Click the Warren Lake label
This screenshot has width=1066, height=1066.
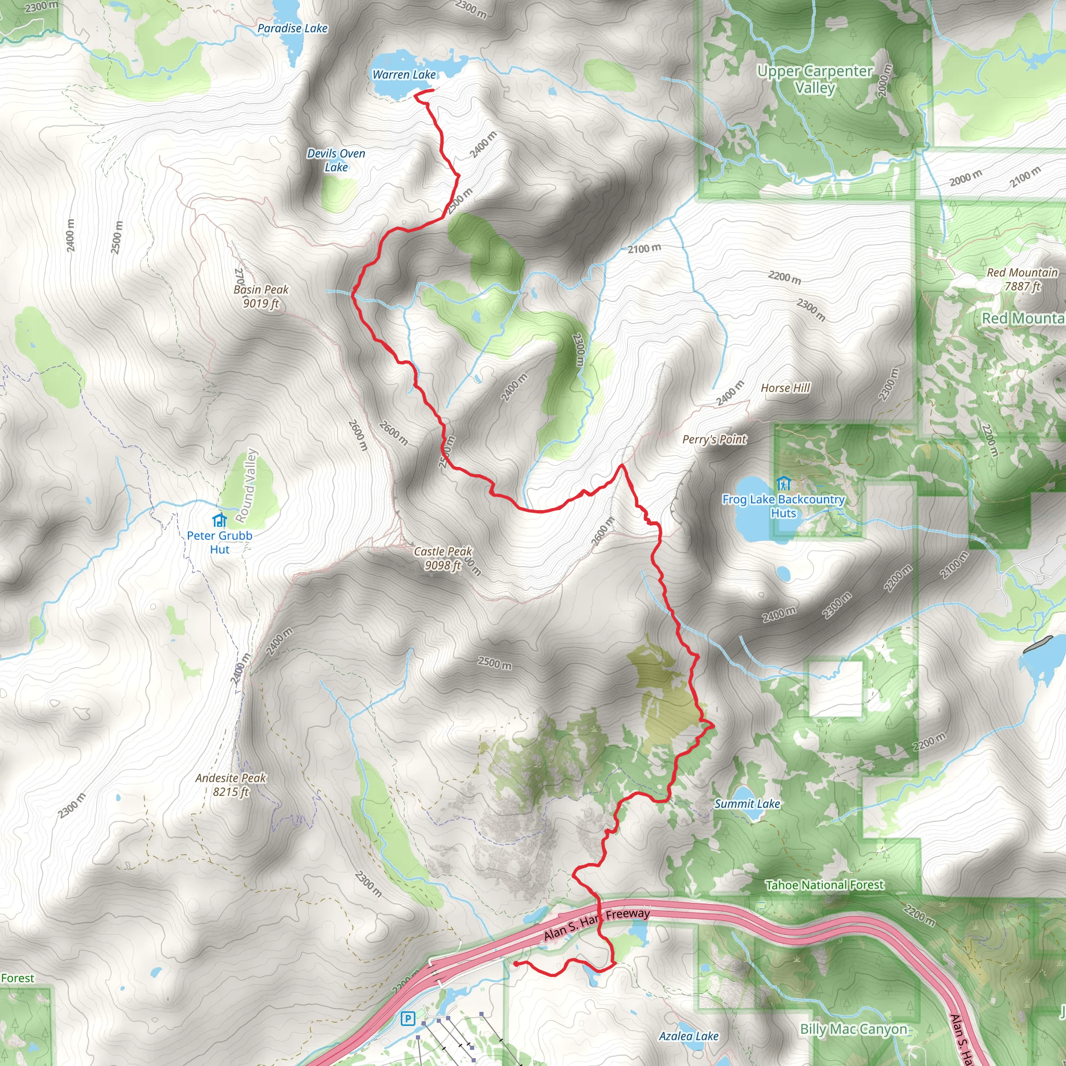404,74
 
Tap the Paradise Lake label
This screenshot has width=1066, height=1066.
293,28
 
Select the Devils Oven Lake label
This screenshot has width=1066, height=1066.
336,160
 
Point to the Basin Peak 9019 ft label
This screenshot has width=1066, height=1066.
261,296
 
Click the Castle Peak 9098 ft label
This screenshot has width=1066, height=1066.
443,558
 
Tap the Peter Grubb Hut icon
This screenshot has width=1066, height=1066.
220,520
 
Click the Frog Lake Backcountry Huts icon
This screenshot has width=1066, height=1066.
783,485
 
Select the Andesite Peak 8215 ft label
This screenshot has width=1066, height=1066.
231,784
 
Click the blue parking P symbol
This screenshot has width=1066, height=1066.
408,1019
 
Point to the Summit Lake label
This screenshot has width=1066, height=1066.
747,803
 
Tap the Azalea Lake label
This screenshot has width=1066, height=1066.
689,1036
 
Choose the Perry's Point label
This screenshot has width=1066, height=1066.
714,439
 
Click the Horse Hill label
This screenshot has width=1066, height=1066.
785,388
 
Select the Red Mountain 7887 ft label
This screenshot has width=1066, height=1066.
1022,279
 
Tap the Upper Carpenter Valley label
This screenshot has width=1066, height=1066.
815,79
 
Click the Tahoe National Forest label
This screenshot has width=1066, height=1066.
824,885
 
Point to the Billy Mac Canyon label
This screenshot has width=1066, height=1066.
854,1029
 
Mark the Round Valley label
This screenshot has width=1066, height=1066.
247,486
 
